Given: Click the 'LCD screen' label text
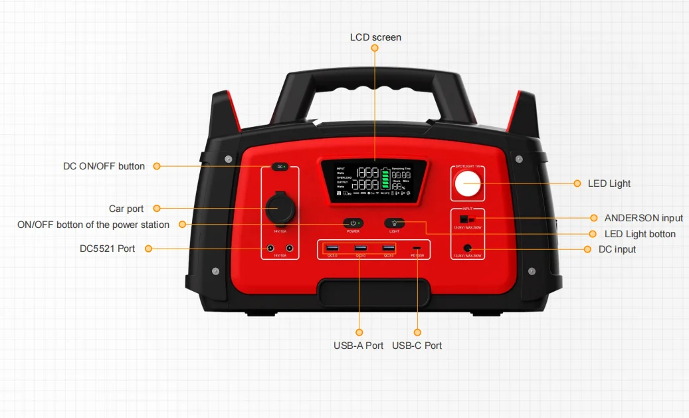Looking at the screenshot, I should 375,37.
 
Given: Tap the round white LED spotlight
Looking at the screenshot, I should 467,184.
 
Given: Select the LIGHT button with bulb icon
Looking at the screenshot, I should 395,223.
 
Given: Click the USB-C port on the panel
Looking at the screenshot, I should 417,249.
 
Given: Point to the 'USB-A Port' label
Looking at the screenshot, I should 358,346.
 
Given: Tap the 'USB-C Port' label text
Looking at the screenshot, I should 417,346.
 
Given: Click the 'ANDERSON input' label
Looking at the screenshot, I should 643,218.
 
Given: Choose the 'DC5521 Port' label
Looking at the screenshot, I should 107,249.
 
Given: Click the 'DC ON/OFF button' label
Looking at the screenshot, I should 104,166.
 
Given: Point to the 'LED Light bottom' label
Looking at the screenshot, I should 640,234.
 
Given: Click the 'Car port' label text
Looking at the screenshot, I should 126,209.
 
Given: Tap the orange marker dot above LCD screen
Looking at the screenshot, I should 375,49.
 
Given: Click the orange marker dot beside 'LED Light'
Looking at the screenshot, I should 576,183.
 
